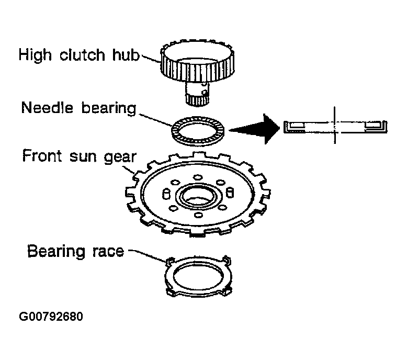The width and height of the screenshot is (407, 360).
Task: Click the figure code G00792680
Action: coord(51,317)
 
